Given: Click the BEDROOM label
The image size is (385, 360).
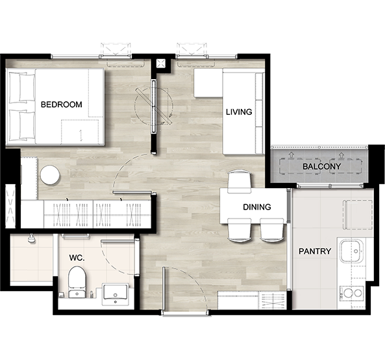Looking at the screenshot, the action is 62,104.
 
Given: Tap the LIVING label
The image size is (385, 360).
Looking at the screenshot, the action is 239,112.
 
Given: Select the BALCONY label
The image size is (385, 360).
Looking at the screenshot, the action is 321,167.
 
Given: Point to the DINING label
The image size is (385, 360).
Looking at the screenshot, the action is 257,207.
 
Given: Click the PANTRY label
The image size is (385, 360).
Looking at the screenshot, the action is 315,251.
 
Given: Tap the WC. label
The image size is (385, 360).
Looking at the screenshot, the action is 77,258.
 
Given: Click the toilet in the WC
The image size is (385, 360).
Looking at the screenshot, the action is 77,282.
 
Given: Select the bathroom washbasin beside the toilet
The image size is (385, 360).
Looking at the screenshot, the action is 116,294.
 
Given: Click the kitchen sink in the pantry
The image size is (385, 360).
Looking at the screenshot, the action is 351,251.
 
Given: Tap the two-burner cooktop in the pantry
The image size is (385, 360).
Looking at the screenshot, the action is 352,293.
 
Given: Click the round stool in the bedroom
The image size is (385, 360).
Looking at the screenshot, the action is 50,175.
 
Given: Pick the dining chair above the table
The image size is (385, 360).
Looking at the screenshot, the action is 240,182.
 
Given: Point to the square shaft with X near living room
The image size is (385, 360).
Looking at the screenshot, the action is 160,64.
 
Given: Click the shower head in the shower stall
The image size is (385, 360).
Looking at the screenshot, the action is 31,238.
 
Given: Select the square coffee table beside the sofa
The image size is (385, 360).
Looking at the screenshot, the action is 208,82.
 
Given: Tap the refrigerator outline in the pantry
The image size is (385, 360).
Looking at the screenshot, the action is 358,215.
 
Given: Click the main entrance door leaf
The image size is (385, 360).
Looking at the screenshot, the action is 163,289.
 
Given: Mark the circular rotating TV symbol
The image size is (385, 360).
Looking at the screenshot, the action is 154,106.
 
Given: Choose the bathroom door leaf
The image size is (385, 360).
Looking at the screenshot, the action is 118,241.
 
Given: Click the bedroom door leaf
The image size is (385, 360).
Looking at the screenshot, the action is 132,192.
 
